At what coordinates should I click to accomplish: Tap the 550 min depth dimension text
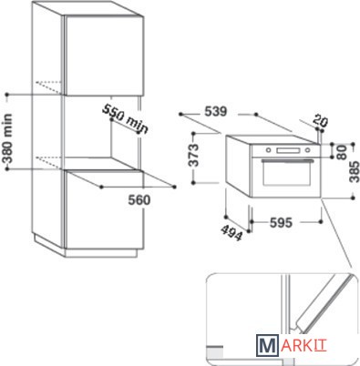[125, 118]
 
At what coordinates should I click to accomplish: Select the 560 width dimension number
[139, 200]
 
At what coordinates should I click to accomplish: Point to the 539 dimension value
[216, 112]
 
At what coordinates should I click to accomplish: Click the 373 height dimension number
[193, 155]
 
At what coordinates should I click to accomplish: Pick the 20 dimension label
[321, 120]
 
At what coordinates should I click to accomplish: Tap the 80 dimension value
[342, 152]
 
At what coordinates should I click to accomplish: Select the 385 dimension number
[355, 172]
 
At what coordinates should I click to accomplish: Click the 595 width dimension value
[281, 223]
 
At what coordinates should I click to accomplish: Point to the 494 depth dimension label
[231, 232]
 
